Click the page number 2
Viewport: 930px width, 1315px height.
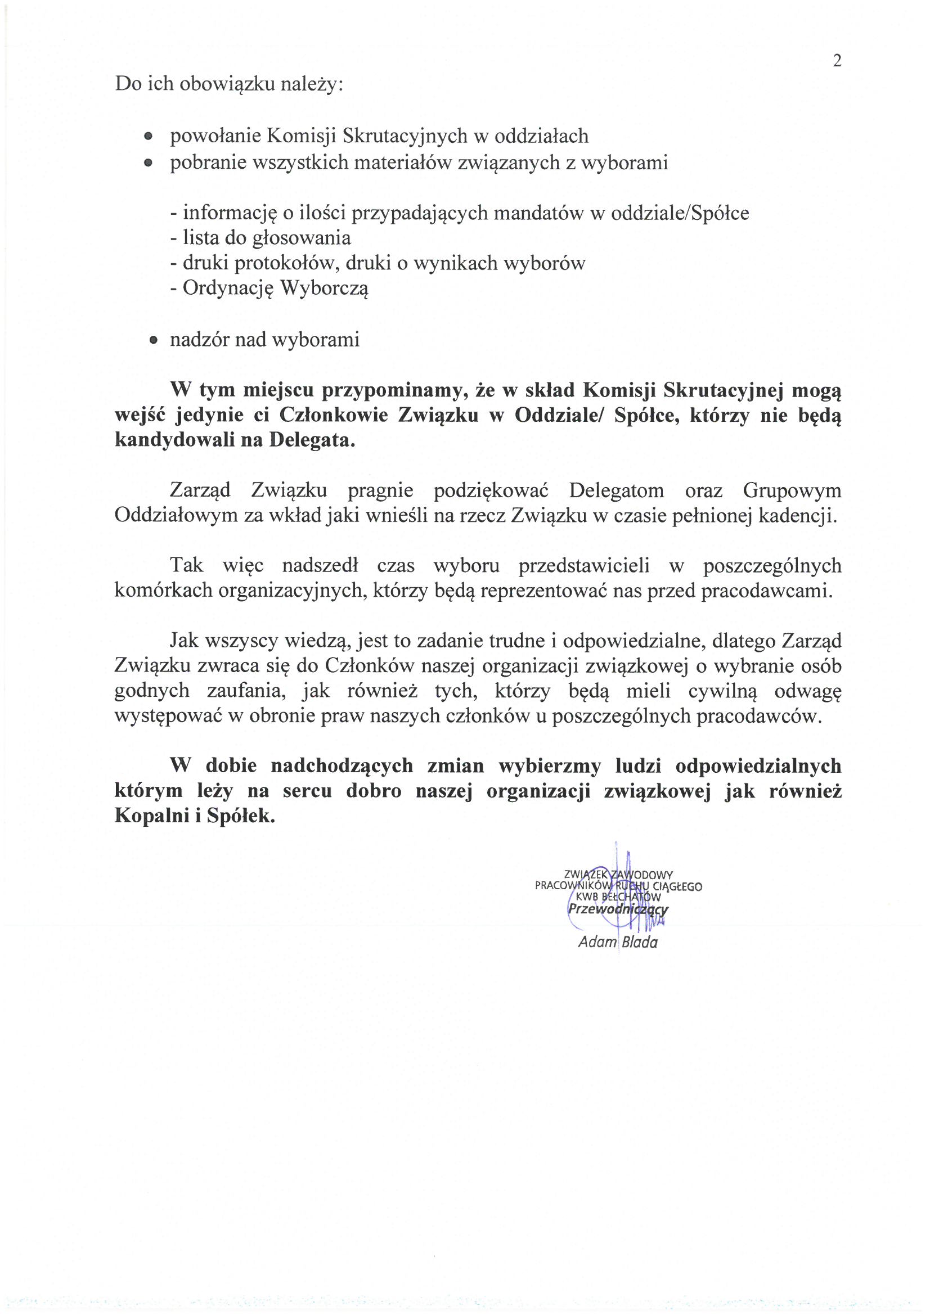click(x=837, y=61)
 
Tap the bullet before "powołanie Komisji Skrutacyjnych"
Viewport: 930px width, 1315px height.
click(x=149, y=137)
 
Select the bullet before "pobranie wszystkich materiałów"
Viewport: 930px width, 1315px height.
click(x=149, y=164)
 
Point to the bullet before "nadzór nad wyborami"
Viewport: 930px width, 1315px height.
click(x=153, y=340)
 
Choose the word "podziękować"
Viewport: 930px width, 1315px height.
click(x=491, y=490)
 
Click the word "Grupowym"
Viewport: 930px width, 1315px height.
click(x=792, y=490)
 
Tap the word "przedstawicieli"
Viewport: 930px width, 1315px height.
click(x=584, y=565)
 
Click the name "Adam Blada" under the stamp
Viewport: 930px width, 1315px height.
click(x=618, y=942)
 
